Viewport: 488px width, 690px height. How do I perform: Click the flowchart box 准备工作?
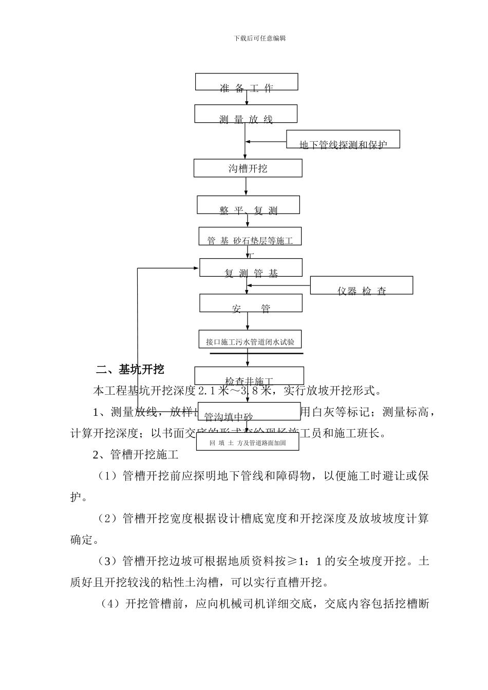247,82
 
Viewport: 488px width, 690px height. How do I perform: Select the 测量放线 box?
246,114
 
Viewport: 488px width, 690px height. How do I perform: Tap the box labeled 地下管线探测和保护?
343,140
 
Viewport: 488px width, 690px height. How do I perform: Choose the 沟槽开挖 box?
248,168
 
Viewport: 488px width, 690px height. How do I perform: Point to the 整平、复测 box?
249,205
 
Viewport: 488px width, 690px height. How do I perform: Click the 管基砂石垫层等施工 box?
250,237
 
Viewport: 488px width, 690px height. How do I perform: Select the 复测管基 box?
251,268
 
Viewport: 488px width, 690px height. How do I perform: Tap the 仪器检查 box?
362,285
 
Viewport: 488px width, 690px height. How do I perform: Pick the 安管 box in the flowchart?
251,303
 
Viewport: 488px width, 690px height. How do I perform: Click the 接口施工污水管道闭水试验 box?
250,340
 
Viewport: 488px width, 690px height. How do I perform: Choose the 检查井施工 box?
249,376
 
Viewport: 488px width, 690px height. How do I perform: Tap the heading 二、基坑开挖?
130,369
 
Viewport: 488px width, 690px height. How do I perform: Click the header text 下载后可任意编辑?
259,38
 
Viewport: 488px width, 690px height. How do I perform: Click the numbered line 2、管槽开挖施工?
136,454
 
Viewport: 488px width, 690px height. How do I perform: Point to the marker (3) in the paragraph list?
108,561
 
